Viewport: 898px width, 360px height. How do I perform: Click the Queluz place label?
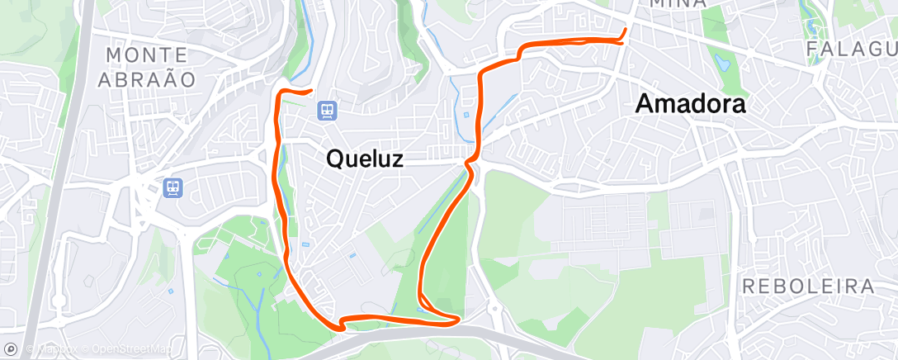tap(365, 159)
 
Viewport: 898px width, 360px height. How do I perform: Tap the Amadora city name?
tap(690, 104)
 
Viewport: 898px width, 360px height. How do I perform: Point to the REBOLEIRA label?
tap(808, 287)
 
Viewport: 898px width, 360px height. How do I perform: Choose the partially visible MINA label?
tap(677, 4)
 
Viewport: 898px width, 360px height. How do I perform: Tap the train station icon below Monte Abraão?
tap(173, 188)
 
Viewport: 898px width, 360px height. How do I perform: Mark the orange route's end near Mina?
tap(625, 31)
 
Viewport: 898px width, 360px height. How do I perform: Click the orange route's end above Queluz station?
tap(310, 90)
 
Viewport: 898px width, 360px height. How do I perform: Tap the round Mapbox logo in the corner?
tap(10, 349)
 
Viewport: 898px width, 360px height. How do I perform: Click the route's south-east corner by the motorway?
tap(456, 320)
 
